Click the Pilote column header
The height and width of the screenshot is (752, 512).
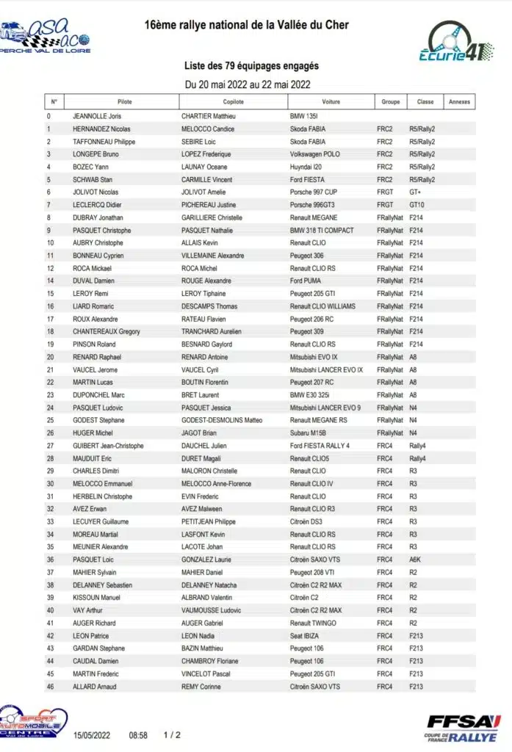click(124, 102)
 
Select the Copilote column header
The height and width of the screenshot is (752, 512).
click(233, 102)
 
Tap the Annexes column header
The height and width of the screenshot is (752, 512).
click(459, 102)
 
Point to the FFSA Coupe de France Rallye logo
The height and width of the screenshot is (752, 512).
click(464, 726)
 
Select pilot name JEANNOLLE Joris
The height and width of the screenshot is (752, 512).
click(97, 116)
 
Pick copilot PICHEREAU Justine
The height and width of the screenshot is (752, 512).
click(209, 205)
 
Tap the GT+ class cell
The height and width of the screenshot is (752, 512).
click(416, 192)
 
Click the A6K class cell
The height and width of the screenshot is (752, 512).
click(416, 560)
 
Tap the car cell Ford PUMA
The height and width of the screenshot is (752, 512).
click(306, 281)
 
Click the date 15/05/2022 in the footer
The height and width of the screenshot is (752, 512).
click(91, 734)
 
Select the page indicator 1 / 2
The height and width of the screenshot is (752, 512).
click(172, 734)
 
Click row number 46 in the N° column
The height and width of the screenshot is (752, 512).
click(50, 687)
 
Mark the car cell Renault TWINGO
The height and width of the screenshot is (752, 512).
click(314, 623)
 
